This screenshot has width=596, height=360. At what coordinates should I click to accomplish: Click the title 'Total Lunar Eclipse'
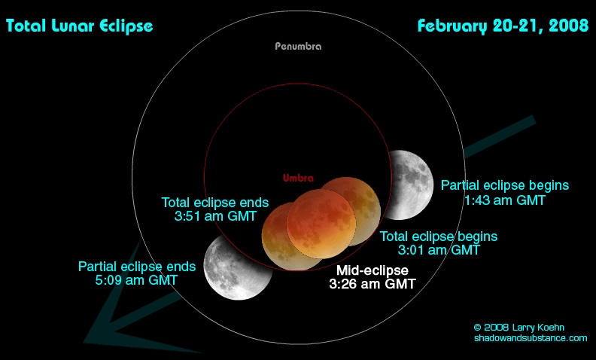click(x=80, y=26)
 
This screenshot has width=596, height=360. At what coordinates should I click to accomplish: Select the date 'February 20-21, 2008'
click(x=503, y=26)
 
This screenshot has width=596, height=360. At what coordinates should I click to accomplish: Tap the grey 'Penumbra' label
click(x=299, y=47)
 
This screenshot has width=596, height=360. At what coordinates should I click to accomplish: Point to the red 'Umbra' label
click(x=299, y=178)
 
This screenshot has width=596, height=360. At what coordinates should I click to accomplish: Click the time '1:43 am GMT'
click(x=505, y=200)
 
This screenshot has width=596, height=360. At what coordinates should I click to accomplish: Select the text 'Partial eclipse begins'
click(x=505, y=185)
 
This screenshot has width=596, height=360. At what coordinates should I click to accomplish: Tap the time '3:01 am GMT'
click(x=439, y=250)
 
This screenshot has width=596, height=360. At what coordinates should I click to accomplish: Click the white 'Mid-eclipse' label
click(x=372, y=270)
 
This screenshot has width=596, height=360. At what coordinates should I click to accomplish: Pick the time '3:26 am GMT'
click(x=372, y=284)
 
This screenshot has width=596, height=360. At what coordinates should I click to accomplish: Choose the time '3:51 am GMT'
click(x=215, y=216)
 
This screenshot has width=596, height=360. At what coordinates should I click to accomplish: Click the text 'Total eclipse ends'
click(x=215, y=203)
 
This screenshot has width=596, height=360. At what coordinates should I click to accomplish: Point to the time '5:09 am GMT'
click(x=136, y=280)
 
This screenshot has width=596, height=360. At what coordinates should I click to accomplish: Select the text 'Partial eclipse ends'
click(x=137, y=267)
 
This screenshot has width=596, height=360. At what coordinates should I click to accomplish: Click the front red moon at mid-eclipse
click(x=321, y=224)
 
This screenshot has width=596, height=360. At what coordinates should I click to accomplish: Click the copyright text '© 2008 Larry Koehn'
click(x=518, y=328)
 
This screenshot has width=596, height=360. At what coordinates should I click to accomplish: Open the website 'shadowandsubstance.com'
click(x=531, y=337)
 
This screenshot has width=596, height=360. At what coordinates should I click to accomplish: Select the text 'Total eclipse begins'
click(x=439, y=236)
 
